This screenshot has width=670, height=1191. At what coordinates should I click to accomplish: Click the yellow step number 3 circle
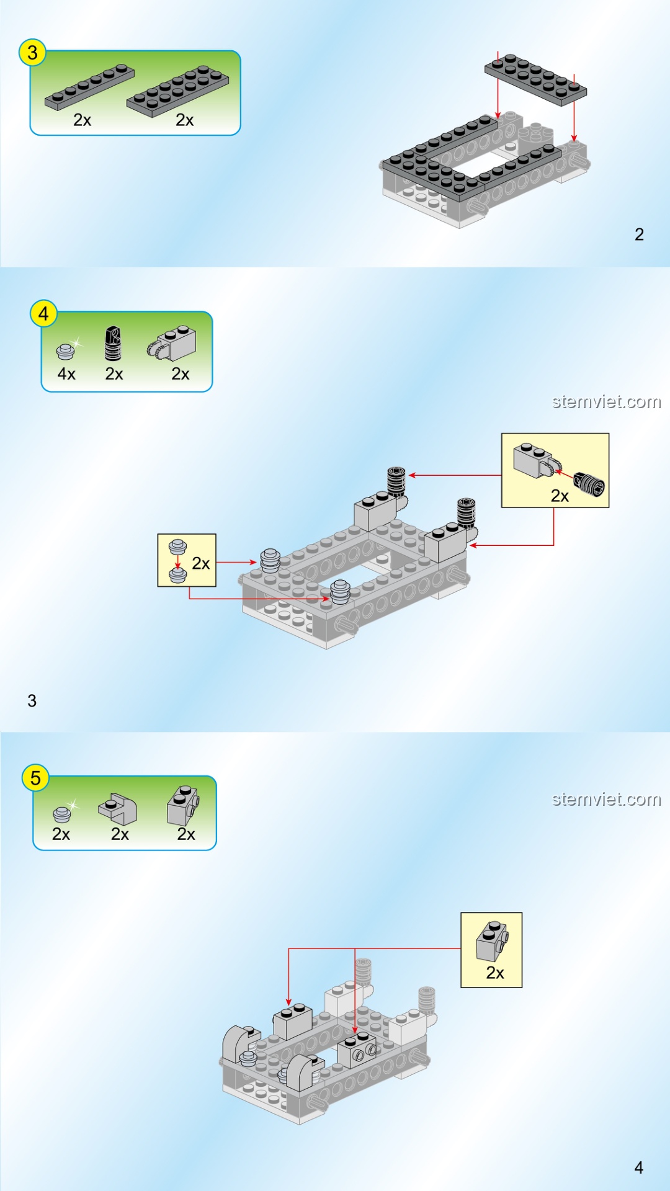32,53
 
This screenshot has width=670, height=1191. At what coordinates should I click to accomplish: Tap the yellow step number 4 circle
43,314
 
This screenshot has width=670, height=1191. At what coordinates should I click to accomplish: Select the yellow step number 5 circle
35,778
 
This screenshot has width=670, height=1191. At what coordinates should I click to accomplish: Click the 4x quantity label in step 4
66,374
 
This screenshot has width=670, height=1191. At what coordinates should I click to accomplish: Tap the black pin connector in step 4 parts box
112,344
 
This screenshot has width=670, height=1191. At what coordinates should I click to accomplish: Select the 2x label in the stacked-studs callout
201,563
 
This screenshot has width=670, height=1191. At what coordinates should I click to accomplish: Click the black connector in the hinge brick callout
589,483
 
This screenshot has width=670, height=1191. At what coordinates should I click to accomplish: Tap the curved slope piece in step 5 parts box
118,808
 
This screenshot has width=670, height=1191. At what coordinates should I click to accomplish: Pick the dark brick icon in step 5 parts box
183,805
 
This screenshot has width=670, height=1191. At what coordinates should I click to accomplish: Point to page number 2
640,234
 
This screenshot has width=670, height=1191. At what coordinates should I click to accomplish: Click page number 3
32,701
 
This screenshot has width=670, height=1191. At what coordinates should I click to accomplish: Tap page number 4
639,1168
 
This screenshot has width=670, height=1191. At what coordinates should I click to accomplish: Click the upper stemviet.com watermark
607,402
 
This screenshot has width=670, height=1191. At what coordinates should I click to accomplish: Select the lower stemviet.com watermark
607,799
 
